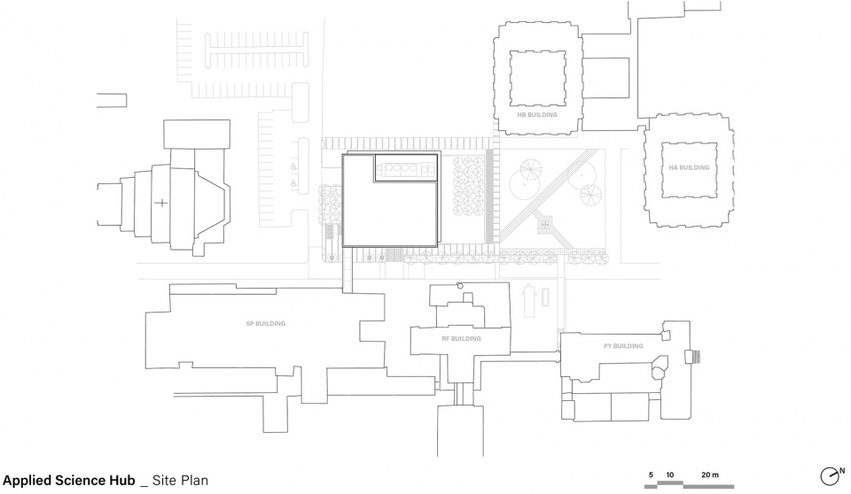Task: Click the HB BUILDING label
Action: point(537,115)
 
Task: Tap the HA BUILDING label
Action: point(689,167)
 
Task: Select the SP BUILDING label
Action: point(265,324)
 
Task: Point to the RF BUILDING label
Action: point(461,339)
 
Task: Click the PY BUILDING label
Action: point(623,346)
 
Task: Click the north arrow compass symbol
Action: point(830,476)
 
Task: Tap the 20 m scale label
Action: point(710,475)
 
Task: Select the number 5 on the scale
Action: point(651,475)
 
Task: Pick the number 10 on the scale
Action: point(670,475)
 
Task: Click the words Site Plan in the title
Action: point(180,481)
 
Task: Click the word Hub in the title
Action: point(121,481)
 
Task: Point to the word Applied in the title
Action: point(25,481)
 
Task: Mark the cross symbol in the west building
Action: point(161,204)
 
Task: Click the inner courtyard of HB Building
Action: point(538,78)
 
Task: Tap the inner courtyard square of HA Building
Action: point(689,170)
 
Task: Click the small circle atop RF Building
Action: point(460,285)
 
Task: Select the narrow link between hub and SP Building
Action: point(347,269)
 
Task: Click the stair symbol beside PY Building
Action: point(693,358)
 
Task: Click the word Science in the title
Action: point(78,481)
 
